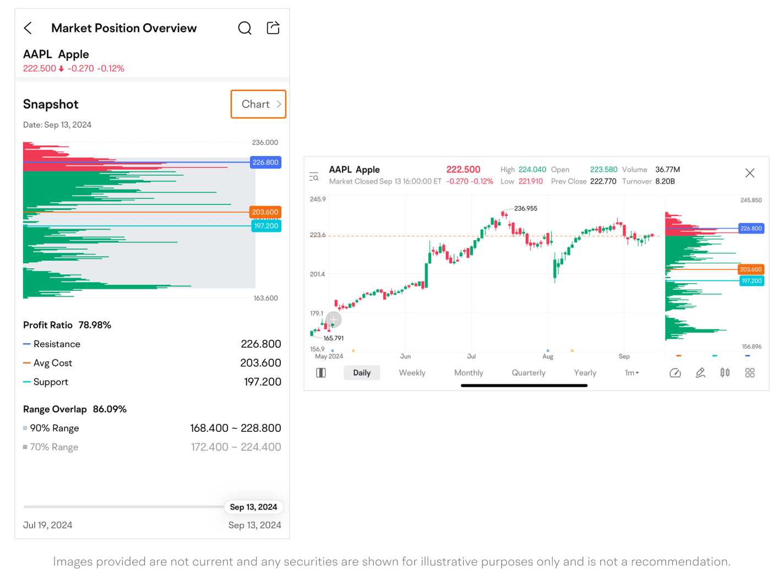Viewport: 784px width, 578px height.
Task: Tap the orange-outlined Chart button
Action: point(258,104)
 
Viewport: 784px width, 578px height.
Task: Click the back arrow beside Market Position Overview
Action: point(28,28)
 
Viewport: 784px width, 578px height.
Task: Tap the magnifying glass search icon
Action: point(245,28)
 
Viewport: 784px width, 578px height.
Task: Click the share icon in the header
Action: point(273,28)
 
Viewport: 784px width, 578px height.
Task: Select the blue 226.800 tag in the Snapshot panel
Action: point(266,163)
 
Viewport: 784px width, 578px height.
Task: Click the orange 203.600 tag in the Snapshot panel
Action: point(265,212)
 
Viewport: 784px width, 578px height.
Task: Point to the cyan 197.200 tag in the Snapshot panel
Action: point(266,226)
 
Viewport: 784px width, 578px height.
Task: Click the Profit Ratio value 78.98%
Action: point(95,325)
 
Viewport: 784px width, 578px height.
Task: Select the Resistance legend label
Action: point(57,344)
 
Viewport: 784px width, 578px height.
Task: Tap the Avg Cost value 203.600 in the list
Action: point(260,363)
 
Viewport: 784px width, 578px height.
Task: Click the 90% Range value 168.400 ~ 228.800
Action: point(236,428)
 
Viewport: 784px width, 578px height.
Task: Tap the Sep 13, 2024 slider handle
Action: point(253,507)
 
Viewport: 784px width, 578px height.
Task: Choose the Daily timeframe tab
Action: point(362,373)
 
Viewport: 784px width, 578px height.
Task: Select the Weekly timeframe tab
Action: point(412,373)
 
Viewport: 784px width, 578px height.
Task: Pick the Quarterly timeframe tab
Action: point(529,373)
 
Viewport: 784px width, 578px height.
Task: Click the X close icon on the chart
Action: point(750,173)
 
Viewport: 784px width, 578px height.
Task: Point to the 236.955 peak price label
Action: point(526,208)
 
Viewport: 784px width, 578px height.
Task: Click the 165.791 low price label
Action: point(334,338)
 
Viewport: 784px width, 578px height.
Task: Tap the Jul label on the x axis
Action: point(471,356)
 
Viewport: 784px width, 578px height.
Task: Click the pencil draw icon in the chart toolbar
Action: point(700,373)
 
